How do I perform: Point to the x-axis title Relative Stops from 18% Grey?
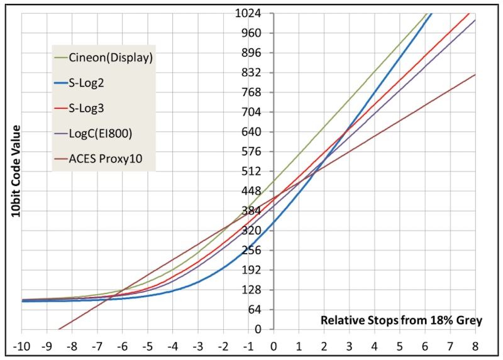coord(401,320)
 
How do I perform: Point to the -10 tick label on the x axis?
coord(22,345)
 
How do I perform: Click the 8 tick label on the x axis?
coord(475,345)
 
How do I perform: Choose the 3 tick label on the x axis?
coord(349,345)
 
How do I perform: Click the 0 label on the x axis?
coord(274,345)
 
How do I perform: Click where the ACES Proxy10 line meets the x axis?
coord(58,329)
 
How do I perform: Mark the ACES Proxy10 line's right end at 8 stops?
coord(475,74)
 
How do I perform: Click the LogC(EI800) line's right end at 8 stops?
coord(475,20)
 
